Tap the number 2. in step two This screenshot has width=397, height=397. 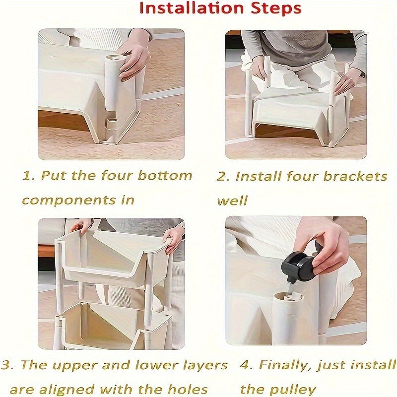pyautogui.click(x=223, y=176)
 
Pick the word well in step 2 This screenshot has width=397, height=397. pyautogui.click(x=232, y=200)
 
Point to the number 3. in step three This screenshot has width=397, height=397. pyautogui.click(x=7, y=365)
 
